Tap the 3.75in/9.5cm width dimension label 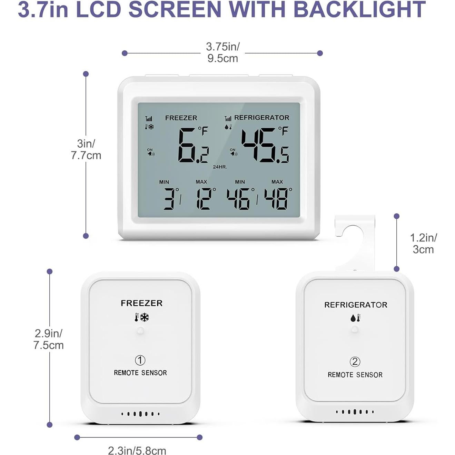tap(223, 52)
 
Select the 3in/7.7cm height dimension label tap(86, 149)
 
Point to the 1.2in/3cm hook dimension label tap(423, 244)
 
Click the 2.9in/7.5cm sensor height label tap(49, 339)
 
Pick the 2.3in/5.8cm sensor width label tap(137, 451)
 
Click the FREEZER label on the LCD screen tap(181, 118)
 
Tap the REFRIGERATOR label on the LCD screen tap(261, 118)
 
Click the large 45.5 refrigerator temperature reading tap(265, 146)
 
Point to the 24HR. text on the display tap(220, 167)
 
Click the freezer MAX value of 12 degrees tap(204, 199)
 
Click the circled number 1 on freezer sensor tap(140, 360)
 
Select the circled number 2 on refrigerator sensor tap(355, 362)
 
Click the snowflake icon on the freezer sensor tap(145, 317)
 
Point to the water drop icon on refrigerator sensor tap(353, 318)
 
